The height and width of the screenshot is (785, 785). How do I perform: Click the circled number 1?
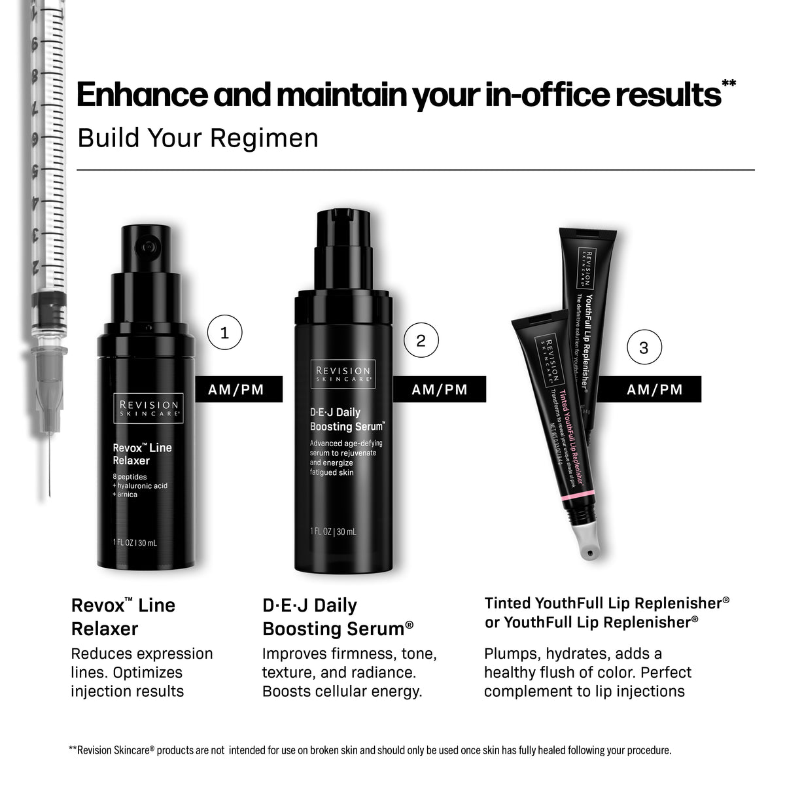click(224, 333)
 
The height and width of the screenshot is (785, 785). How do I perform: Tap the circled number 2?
click(421, 340)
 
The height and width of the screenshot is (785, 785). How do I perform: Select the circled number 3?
click(644, 347)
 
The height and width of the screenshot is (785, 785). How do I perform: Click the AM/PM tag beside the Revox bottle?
click(236, 389)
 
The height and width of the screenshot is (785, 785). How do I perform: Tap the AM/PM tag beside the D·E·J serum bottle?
click(440, 389)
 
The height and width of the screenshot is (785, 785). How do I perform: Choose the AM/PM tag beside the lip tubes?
click(654, 389)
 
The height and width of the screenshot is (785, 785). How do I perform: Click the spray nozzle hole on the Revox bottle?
click(145, 248)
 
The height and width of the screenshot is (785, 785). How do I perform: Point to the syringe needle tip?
click(48, 494)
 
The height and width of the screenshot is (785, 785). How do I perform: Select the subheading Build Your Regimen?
click(198, 138)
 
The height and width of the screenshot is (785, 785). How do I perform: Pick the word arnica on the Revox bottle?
click(128, 495)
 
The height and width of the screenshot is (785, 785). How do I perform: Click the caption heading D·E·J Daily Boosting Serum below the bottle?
click(338, 617)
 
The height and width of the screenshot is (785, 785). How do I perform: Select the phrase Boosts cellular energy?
click(341, 691)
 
